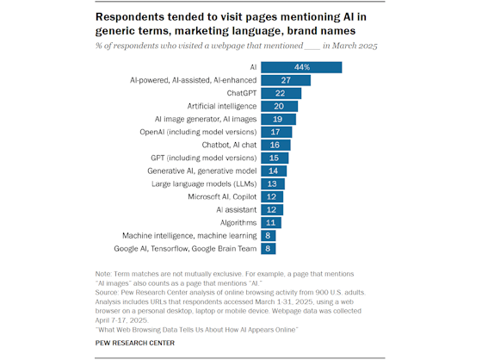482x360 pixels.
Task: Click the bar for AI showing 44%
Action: pyautogui.click(x=301, y=67)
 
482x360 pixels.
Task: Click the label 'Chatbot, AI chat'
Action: pyautogui.click(x=228, y=145)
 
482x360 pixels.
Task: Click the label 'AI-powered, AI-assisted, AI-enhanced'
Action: pyautogui.click(x=192, y=80)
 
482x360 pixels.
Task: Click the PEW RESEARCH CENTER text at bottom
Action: pyautogui.click(x=137, y=343)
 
